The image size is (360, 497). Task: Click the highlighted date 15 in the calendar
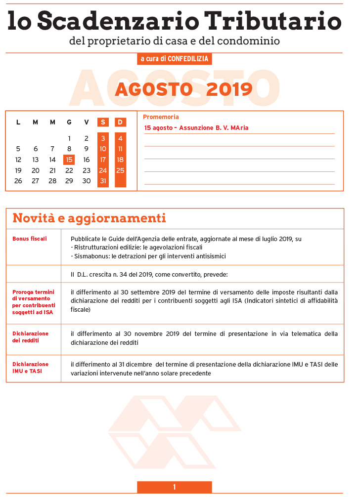pos(69,160)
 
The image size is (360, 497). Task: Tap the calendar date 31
pos(103,181)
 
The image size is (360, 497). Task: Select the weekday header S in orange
pos(103,122)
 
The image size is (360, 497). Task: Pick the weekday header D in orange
pos(120,122)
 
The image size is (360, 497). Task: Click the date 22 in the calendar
pos(69,170)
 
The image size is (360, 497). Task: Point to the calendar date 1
pos(69,138)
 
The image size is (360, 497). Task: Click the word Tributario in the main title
pos(273,20)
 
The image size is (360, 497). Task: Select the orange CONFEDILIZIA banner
pos(175,59)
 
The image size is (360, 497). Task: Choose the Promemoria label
pos(161,117)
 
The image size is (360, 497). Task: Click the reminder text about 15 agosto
pos(196,128)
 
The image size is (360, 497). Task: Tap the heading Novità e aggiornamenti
pos(89,218)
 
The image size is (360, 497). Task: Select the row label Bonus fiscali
pos(30,239)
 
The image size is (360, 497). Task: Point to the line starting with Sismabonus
pos(148,256)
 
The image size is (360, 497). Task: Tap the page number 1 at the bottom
pos(174,487)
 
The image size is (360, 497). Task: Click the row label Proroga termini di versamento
pos(34,301)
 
